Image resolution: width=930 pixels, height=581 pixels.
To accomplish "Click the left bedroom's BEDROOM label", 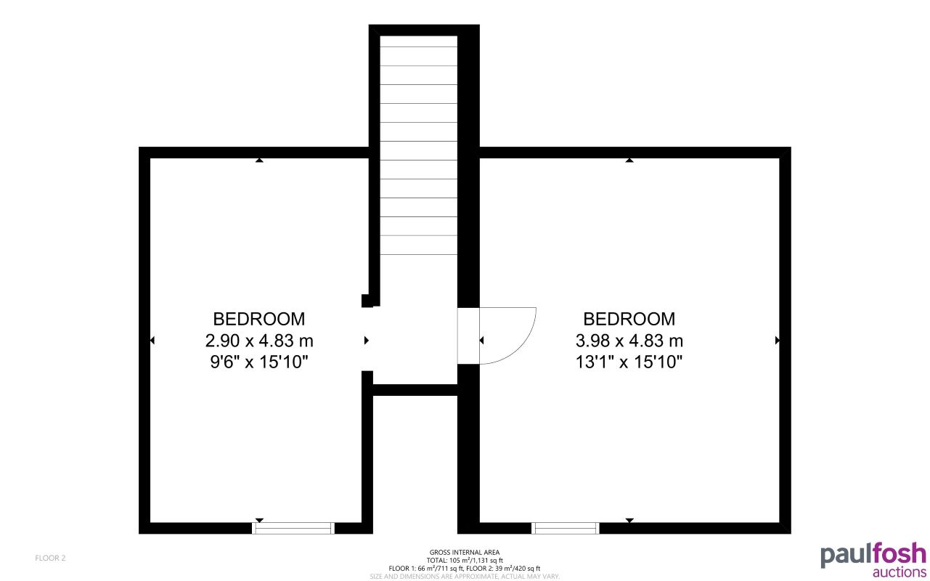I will tap(258, 319).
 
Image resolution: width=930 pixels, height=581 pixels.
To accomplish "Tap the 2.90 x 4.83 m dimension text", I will tap(258, 341).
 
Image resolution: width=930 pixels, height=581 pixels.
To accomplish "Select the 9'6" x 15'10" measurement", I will tap(258, 362).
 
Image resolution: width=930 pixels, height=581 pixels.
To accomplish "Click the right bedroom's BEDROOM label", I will tap(629, 319).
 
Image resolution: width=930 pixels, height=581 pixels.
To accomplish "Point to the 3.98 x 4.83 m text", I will tap(629, 341).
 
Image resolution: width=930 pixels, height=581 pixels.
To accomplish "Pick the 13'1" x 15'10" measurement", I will tap(629, 362).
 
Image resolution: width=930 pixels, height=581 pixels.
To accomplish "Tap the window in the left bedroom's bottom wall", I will tap(293, 528).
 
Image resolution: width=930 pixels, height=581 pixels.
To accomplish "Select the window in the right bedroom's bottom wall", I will tap(566, 528).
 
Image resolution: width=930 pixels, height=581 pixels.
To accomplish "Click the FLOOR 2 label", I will tap(51, 558).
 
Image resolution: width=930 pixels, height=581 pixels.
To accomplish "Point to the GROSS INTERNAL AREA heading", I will tap(465, 553).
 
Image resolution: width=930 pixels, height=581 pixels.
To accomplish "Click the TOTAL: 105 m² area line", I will tap(465, 561).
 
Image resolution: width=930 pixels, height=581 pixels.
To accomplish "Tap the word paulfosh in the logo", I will tap(873, 554).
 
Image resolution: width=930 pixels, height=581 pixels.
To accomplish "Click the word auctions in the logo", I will tap(899, 572).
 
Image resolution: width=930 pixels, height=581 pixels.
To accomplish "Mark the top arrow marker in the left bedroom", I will tap(259, 160).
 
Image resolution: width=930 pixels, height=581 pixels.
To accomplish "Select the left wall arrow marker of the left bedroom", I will tap(152, 340).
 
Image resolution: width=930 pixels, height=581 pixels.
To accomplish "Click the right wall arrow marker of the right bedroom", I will tap(778, 340).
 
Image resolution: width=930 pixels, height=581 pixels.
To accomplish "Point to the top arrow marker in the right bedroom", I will tap(629, 160).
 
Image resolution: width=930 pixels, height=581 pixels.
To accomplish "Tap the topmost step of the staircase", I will tap(419, 41).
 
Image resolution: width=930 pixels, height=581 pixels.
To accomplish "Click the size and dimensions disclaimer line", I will tap(465, 576).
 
